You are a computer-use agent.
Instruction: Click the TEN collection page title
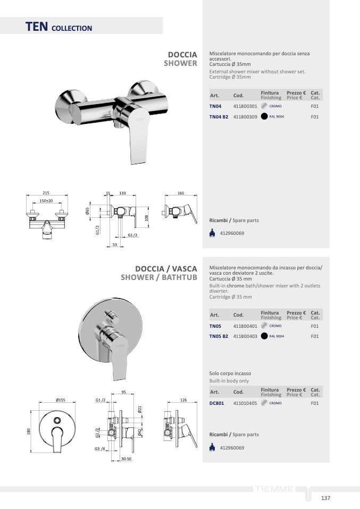[59, 27]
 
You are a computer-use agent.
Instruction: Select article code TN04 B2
[219, 117]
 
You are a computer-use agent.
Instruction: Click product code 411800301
[245, 106]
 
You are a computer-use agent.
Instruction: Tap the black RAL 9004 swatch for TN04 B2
[264, 116]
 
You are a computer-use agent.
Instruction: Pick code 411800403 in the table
[245, 336]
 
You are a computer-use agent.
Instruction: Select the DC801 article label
[217, 403]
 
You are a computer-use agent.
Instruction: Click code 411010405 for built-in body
[245, 403]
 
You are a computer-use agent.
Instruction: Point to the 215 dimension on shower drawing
[46, 193]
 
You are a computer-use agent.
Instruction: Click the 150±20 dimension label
[46, 201]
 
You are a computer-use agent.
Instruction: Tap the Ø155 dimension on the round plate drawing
[61, 400]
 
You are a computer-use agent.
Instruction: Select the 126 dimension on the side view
[183, 400]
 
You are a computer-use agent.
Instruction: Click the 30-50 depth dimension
[127, 459]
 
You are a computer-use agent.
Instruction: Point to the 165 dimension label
[181, 193]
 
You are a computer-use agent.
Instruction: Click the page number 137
[325, 498]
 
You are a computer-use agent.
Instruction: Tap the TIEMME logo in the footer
[274, 489]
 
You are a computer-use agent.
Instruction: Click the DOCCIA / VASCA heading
[166, 269]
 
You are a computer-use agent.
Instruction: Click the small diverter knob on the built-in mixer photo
[112, 316]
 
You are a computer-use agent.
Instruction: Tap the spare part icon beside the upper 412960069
[212, 233]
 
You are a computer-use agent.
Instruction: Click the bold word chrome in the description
[235, 286]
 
